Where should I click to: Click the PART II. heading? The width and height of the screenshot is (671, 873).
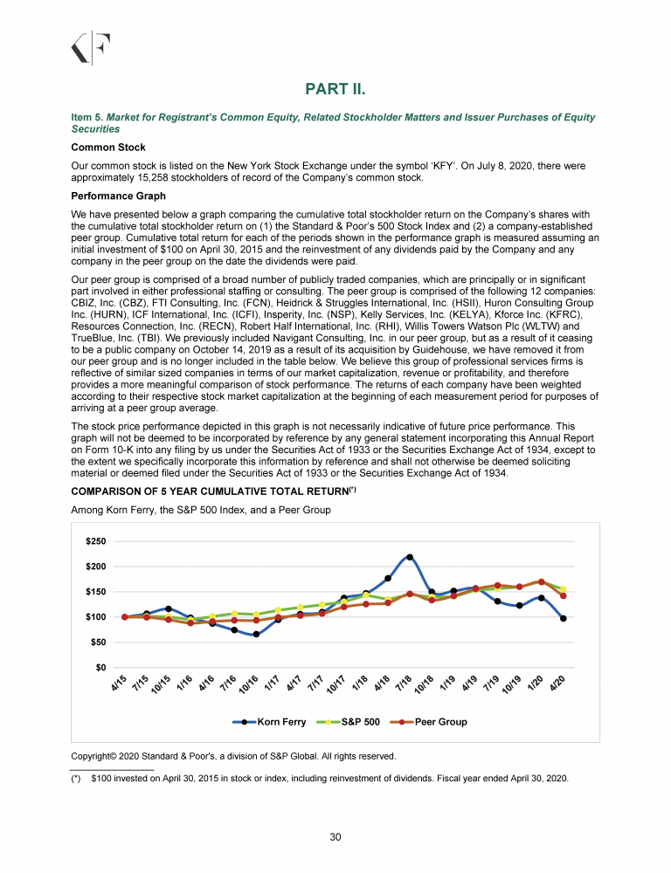tap(335, 90)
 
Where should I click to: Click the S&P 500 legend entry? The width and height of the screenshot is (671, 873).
tap(353, 722)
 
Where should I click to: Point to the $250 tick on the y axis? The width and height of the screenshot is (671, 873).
tap(96, 542)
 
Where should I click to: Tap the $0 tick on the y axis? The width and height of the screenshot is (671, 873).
tap(101, 668)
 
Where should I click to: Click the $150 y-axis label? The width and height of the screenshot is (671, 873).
tap(96, 593)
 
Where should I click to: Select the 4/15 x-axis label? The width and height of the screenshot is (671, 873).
tap(121, 684)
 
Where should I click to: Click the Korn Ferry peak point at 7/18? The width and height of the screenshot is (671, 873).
tap(410, 557)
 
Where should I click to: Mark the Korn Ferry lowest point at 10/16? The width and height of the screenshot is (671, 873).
tap(256, 635)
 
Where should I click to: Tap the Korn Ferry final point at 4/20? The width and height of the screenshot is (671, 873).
tap(564, 618)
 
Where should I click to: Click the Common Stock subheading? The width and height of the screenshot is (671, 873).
tap(108, 148)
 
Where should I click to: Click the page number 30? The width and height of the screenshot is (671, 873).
tap(335, 838)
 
